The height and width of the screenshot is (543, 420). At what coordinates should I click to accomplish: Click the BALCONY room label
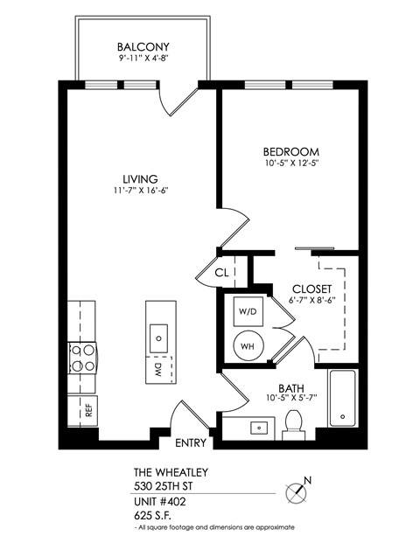143,47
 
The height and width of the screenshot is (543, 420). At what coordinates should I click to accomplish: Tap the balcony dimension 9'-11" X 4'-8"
143,59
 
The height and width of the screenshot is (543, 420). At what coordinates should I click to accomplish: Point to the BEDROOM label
290,150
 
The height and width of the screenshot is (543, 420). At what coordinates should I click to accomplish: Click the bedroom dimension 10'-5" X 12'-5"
290,164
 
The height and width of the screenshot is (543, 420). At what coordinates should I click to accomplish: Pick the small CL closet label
221,273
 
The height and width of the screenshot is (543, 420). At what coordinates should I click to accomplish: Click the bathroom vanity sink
260,428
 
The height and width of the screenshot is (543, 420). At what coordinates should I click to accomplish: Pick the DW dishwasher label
158,368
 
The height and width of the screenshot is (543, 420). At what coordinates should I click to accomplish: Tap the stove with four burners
82,358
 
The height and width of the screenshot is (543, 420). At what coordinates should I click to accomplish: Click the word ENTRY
189,442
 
